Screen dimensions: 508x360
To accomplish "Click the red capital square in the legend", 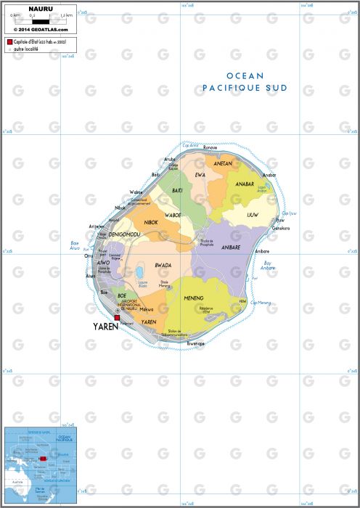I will coord(9,44).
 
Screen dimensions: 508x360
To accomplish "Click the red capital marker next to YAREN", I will coord(116,318).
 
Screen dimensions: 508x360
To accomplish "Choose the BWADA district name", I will coord(163,265).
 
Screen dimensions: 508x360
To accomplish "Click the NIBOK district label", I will coord(151,222).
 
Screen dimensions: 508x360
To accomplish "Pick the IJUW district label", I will coord(253,215).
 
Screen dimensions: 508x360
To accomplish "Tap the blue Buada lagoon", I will coord(138,274).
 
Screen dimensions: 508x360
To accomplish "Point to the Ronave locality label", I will coord(210,147).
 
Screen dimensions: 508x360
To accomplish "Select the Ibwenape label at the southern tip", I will coord(194,343).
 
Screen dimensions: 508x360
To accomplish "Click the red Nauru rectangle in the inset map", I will coord(41,459).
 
